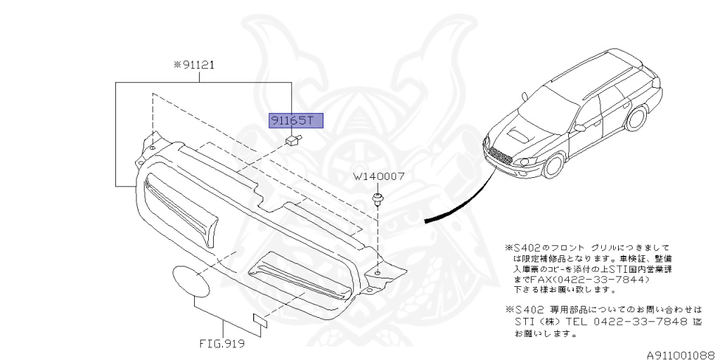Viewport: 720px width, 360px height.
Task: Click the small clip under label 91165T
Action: (292, 141)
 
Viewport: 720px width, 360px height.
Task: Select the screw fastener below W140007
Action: (378, 198)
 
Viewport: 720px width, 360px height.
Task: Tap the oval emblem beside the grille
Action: (191, 280)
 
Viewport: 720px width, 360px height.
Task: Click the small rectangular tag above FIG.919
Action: (260, 321)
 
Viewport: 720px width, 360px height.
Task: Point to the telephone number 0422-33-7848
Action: (647, 322)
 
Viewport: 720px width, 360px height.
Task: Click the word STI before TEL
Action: (527, 322)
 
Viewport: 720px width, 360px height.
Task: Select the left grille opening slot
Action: (181, 209)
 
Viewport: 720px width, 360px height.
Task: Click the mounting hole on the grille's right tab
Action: (378, 273)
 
